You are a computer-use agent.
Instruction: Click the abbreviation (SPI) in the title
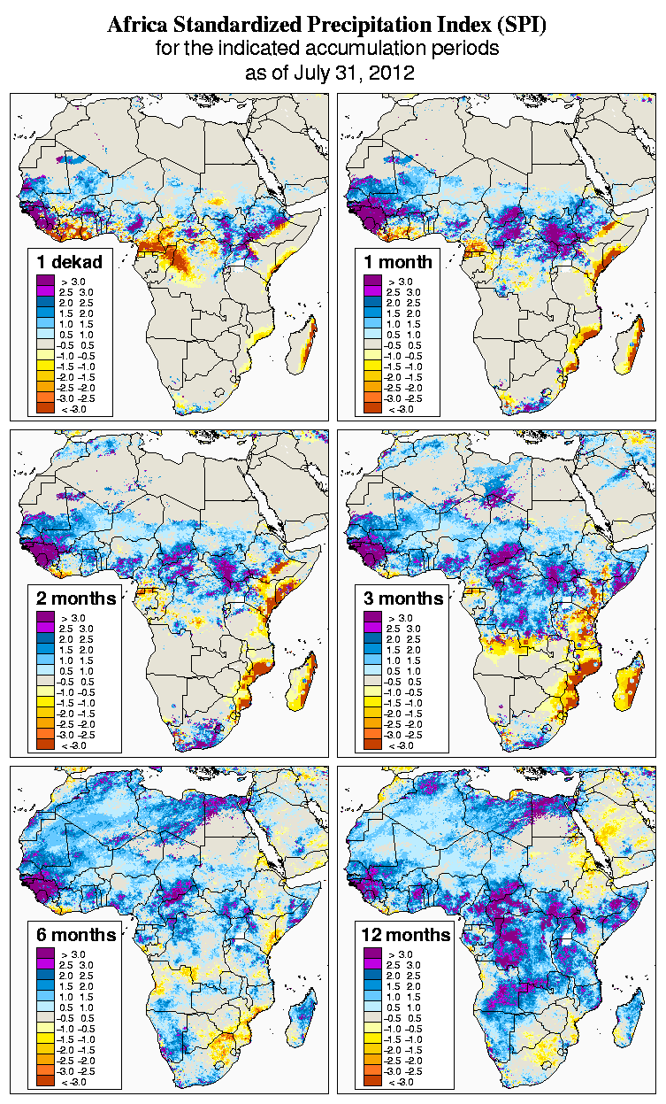[519, 26]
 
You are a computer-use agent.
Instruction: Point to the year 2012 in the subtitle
[391, 73]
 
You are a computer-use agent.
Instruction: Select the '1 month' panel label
[397, 261]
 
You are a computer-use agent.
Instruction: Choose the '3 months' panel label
[403, 598]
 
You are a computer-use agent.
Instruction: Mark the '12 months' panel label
[406, 935]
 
